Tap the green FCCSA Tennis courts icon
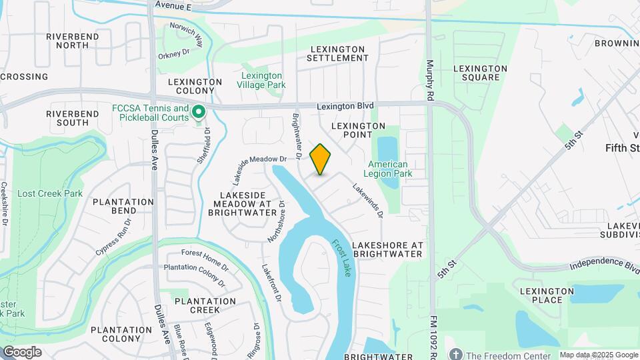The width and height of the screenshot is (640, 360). tap(198, 113)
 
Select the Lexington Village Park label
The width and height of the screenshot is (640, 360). tap(262, 80)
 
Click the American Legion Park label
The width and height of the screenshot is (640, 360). tap(388, 169)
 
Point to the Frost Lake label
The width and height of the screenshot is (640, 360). tap(343, 258)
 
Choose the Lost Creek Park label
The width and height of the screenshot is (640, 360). tap(50, 193)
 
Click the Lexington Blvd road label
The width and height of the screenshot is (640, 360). tap(345, 106)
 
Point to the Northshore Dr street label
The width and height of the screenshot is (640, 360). tap(276, 221)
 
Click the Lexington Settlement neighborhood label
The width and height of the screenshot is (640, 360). tap(337, 54)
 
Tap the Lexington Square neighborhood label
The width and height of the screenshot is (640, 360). tap(480, 73)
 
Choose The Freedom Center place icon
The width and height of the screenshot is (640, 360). tap(456, 354)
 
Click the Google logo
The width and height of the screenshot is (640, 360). tap(22, 352)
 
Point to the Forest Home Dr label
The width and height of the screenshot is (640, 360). tap(205, 253)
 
